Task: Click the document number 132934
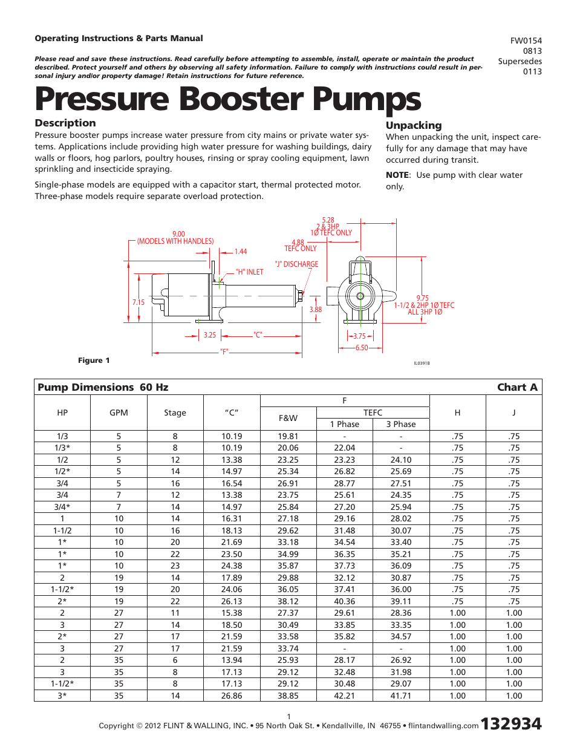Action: pyautogui.click(x=510, y=723)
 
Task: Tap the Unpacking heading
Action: pyautogui.click(x=414, y=125)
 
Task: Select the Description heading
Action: pyautogui.click(x=65, y=123)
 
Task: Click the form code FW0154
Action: pyautogui.click(x=526, y=41)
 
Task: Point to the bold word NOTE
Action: pyautogui.click(x=397, y=175)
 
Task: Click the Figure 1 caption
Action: pyautogui.click(x=94, y=360)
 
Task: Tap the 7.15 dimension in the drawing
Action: pyautogui.click(x=139, y=302)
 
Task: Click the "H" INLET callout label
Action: pyautogui.click(x=249, y=272)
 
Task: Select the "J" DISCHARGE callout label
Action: pyautogui.click(x=296, y=264)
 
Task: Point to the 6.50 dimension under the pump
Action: pyautogui.click(x=361, y=348)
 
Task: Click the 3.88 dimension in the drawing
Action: pyautogui.click(x=315, y=310)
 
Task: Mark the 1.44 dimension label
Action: pyautogui.click(x=241, y=252)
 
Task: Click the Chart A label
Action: pyautogui.click(x=517, y=387)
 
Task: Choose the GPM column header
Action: pyautogui.click(x=119, y=413)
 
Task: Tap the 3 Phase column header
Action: pyautogui.click(x=401, y=424)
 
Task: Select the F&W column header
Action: pyautogui.click(x=288, y=418)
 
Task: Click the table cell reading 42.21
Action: pyautogui.click(x=344, y=696)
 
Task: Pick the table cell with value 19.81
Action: pyautogui.click(x=288, y=436)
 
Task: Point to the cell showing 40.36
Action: pyautogui.click(x=344, y=601)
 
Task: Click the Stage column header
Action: pyautogui.click(x=175, y=413)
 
